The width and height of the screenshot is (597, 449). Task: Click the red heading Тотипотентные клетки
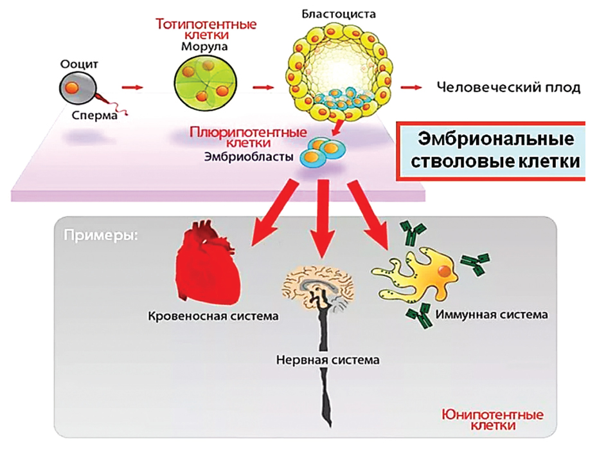(x=206, y=30)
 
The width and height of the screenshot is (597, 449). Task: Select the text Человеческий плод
(x=508, y=87)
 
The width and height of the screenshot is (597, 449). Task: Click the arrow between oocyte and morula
(x=132, y=87)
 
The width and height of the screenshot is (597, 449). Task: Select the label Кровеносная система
(x=213, y=316)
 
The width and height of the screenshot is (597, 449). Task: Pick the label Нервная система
(x=327, y=360)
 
